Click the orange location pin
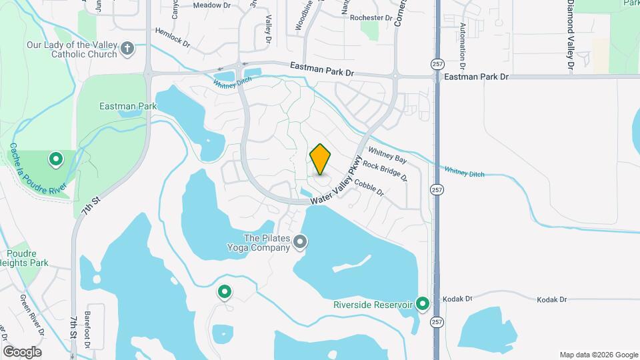321,159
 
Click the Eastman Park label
127,106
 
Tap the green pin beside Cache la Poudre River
56,159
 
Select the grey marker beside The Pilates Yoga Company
301,241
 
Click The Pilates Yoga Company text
267,243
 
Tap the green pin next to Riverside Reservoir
423,304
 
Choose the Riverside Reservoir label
373,305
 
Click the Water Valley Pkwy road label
338,181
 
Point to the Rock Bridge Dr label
385,171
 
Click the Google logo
22,351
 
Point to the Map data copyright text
598,355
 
